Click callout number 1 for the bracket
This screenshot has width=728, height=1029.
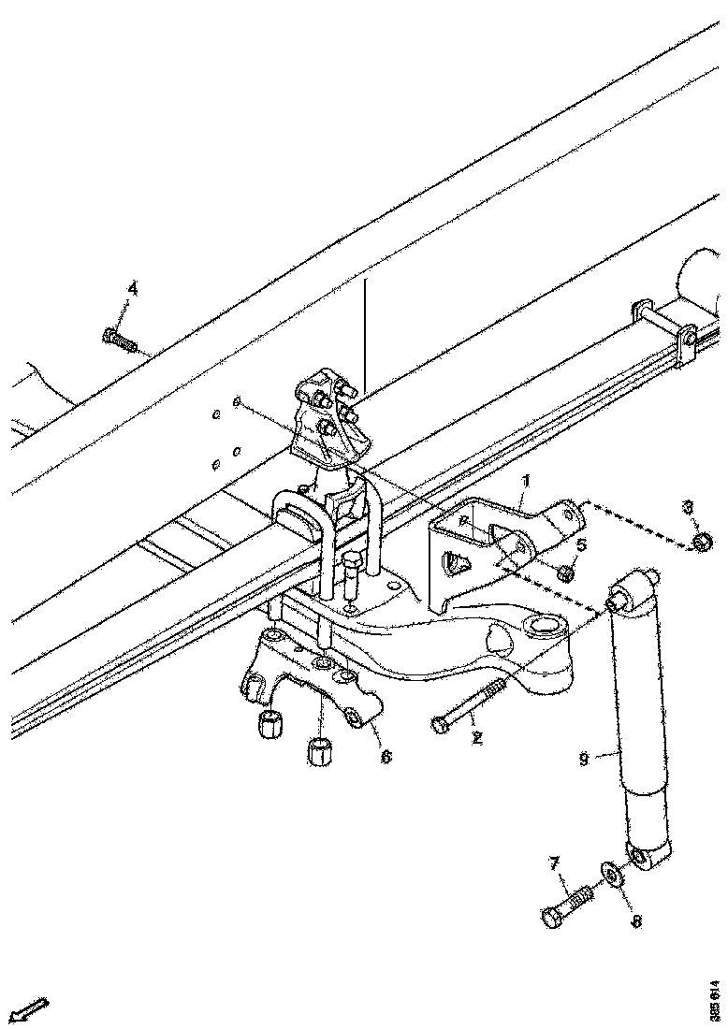pos(526,482)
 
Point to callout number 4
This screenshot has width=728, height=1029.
pos(132,289)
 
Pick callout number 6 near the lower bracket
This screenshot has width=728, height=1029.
pos(386,755)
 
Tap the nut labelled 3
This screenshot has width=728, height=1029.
pos(703,543)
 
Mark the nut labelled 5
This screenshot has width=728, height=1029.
pos(565,572)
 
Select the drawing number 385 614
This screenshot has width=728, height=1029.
pos(715,1000)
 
